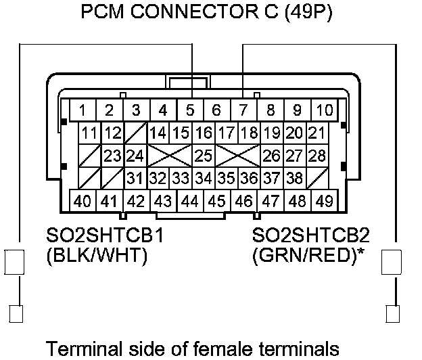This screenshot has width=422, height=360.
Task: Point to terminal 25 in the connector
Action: pos(204,156)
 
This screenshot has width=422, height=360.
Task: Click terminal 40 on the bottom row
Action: pos(83,200)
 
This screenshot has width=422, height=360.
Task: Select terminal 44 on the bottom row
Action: pos(190,200)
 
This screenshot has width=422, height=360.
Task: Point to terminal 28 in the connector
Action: pos(316,156)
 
